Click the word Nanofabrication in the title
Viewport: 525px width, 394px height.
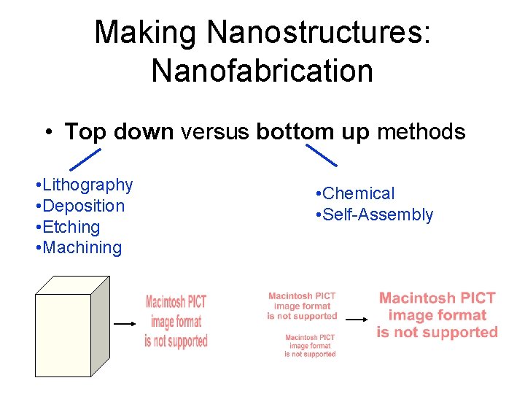262,71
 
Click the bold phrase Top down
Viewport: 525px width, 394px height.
119,132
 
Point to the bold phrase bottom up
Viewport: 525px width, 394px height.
314,132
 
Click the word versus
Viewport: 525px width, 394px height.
215,132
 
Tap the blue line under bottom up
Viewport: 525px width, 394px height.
321,155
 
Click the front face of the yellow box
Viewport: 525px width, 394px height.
63,335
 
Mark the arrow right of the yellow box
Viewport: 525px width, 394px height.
125,322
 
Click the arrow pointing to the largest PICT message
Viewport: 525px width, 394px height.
356,319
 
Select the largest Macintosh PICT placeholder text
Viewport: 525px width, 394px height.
437,315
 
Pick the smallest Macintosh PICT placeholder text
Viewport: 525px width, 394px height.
310,346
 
